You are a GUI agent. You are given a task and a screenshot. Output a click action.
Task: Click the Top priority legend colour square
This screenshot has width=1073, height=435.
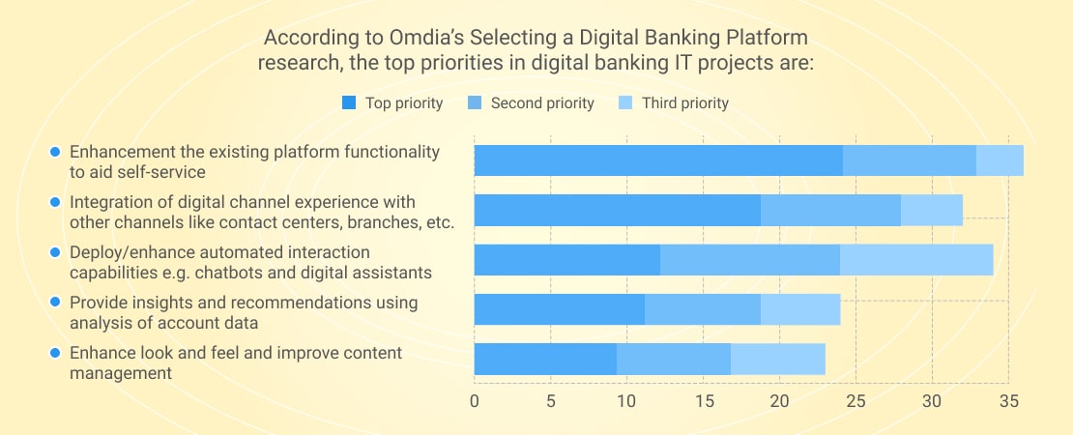coord(349,103)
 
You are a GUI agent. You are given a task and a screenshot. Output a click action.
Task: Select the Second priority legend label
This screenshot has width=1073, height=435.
coord(542,103)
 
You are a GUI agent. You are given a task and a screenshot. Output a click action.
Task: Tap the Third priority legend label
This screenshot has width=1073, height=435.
coord(685,103)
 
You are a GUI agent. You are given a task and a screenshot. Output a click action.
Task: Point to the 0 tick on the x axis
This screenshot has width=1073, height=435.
coord(475,401)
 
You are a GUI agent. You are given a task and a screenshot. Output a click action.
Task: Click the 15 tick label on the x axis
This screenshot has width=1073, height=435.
coord(704,401)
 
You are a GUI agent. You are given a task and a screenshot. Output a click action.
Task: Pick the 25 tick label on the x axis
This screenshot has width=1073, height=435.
coord(856,401)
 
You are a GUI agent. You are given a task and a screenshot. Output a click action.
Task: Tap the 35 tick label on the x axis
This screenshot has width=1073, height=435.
coord(1008,401)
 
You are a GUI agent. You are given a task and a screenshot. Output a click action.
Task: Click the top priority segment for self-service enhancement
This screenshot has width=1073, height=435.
coord(658,160)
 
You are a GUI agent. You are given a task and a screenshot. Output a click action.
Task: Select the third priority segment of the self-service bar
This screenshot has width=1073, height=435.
coord(1000,160)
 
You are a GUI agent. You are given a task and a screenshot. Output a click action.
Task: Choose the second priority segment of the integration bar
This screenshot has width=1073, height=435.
coord(830,210)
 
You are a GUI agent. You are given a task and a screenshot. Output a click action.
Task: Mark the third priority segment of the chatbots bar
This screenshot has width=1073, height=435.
coord(916,260)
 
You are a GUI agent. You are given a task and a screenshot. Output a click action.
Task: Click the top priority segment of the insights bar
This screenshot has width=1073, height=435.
coord(559,309)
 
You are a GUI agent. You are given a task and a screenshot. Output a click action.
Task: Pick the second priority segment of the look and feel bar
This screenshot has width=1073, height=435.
coord(674,359)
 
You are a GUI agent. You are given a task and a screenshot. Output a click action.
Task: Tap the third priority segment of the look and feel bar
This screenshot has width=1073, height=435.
coord(778,359)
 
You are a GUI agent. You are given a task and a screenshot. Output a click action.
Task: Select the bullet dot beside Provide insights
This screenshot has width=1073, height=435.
coord(56,302)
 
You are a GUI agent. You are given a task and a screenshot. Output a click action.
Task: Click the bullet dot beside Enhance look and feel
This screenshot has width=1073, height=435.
coord(56,353)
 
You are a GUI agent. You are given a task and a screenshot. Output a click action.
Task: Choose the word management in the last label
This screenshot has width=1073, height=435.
coord(121,373)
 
